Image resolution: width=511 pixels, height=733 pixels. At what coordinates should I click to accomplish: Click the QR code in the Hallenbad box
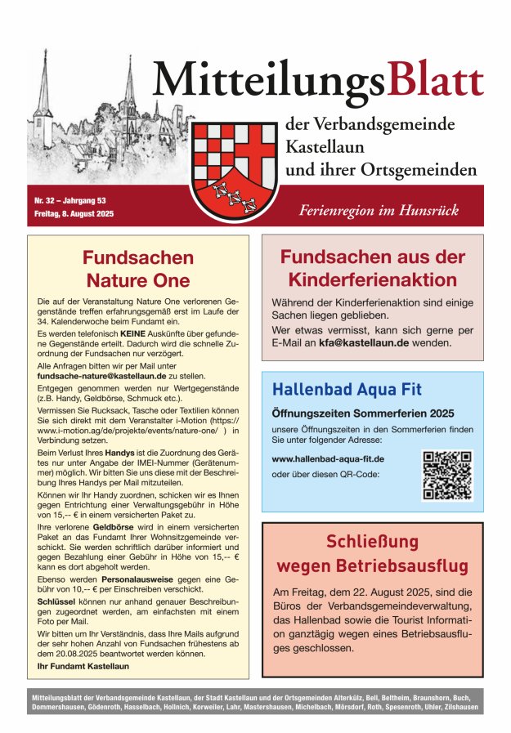click(x=447, y=475)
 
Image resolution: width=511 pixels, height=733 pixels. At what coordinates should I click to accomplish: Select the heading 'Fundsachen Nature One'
click(x=138, y=269)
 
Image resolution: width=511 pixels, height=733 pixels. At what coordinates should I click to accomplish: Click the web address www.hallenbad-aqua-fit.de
click(x=327, y=459)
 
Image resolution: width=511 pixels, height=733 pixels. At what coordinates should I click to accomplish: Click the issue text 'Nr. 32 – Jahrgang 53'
click(x=70, y=200)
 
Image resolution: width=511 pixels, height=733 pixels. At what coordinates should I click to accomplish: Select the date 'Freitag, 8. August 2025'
click(x=74, y=213)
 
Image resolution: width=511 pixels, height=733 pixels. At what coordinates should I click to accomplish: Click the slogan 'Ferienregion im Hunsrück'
click(x=378, y=211)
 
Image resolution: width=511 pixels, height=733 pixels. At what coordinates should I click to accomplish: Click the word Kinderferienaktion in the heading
click(x=372, y=280)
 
